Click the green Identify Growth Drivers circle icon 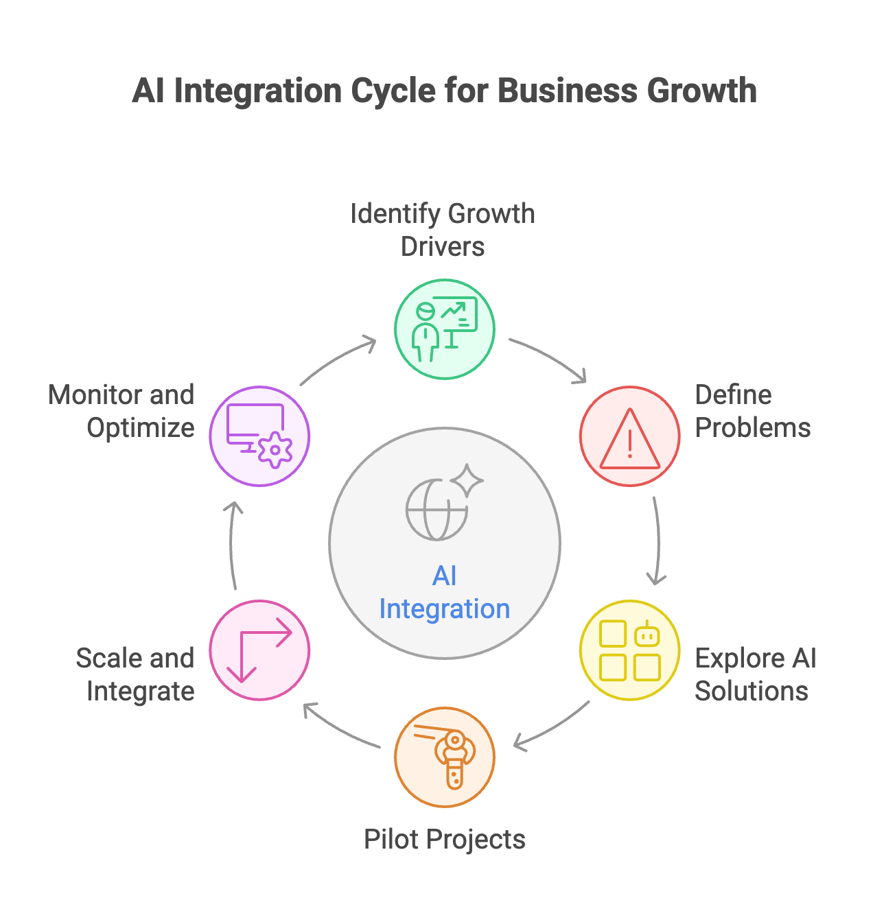444,329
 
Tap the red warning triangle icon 629,439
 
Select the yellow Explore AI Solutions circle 629,650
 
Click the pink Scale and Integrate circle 259,650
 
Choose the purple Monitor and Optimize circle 259,436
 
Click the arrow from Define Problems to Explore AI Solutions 657,542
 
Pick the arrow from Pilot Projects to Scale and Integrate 340,727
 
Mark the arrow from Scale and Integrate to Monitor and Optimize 232,545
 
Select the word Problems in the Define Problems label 753,428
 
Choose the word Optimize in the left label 141,428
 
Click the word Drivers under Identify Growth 443,247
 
